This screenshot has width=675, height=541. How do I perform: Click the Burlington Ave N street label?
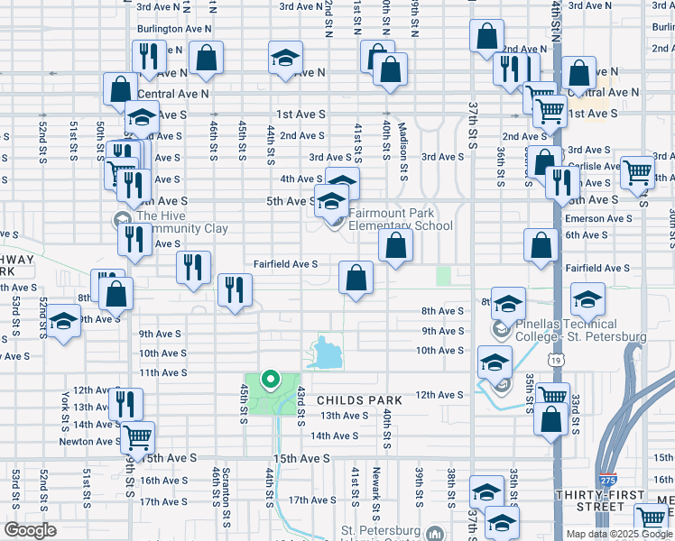(x=173, y=29)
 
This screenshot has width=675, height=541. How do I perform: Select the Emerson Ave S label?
(x=598, y=218)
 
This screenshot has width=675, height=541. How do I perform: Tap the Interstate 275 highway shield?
(x=610, y=480)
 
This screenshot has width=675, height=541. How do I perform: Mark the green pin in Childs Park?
(x=269, y=379)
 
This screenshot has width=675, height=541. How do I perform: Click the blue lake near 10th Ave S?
(x=326, y=354)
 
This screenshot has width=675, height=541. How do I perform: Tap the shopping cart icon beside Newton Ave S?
(x=137, y=437)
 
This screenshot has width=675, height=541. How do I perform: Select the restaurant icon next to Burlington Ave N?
(x=148, y=56)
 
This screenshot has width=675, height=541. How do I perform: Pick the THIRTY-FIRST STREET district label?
(x=599, y=502)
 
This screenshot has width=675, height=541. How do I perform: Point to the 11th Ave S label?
(x=162, y=372)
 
